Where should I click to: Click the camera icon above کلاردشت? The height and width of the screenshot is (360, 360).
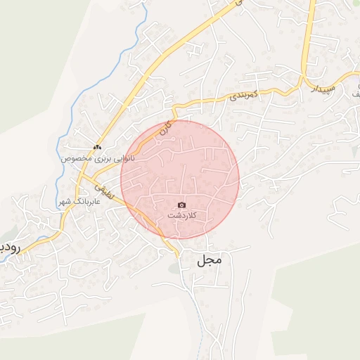click(x=182, y=205)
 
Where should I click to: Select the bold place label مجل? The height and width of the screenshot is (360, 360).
click(x=210, y=260)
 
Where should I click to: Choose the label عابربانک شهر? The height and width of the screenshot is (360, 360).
click(x=79, y=201)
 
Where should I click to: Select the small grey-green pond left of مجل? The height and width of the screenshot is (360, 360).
click(x=174, y=268)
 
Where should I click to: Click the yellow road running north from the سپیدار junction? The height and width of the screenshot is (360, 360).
click(x=306, y=42)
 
